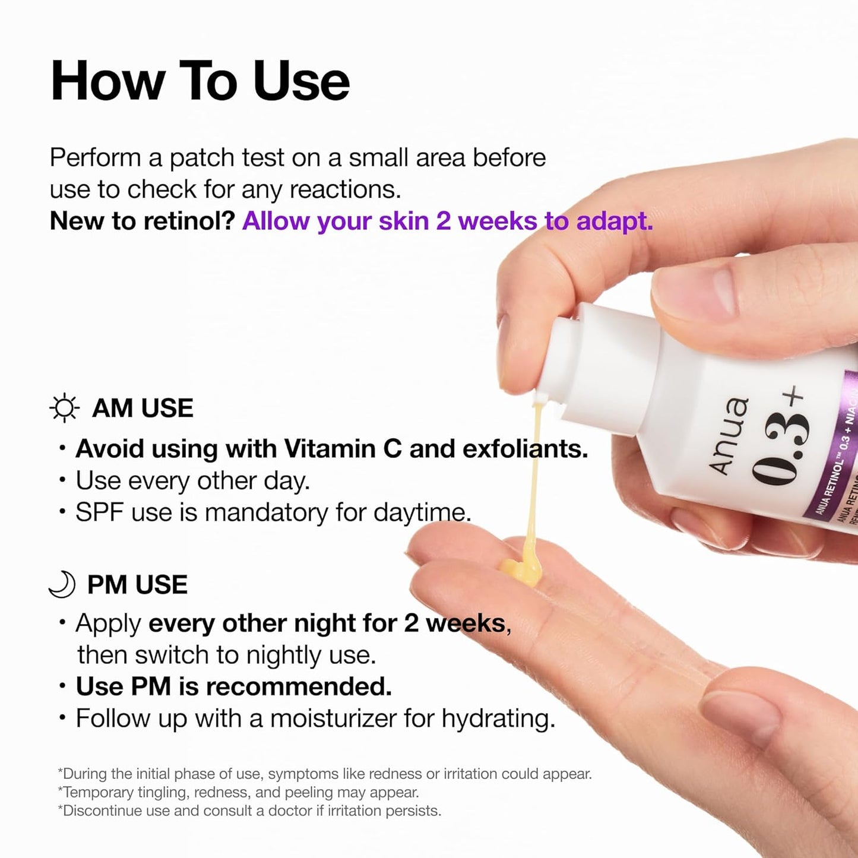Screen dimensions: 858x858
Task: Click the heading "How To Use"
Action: point(200,81)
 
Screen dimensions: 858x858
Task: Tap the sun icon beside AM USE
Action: point(64,409)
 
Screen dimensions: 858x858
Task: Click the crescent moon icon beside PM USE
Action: point(62,584)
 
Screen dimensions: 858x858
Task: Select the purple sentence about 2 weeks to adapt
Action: point(447,221)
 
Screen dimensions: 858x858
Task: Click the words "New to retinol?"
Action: point(143,221)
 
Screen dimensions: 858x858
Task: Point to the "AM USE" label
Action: point(143,409)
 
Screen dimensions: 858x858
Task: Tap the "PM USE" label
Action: point(137,585)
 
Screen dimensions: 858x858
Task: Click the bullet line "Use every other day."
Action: point(192,480)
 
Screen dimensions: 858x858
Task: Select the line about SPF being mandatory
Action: point(273,512)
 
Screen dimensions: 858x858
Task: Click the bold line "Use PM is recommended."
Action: point(233,686)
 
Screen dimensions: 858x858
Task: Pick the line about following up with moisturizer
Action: point(315,718)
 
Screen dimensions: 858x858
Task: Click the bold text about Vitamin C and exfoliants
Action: point(331,449)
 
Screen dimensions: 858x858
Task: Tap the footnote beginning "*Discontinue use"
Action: point(249,810)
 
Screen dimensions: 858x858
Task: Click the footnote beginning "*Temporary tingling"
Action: point(238,792)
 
